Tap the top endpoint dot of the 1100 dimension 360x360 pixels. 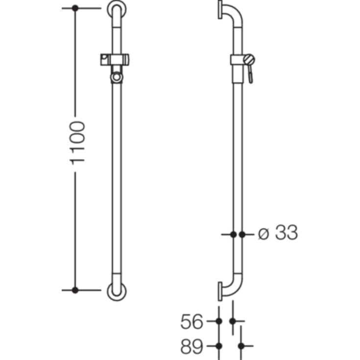click(x=75, y=8)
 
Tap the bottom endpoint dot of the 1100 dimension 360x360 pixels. click(x=75, y=290)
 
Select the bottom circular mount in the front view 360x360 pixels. click(x=117, y=290)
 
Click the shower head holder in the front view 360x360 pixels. click(x=117, y=59)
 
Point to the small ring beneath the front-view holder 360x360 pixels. click(x=117, y=77)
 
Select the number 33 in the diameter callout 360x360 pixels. click(x=286, y=234)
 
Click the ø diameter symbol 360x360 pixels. click(x=264, y=235)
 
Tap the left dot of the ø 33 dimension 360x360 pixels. click(x=233, y=235)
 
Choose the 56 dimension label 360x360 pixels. click(x=192, y=322)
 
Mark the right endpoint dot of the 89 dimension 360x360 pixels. click(x=240, y=346)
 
